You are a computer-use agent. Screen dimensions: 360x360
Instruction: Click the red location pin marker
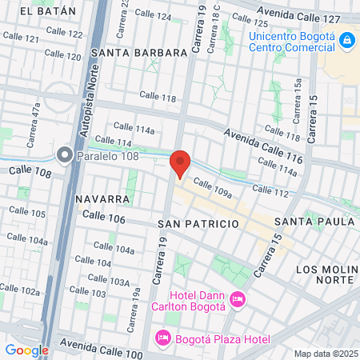point(180,164)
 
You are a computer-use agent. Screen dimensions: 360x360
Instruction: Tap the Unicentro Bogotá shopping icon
point(346,40)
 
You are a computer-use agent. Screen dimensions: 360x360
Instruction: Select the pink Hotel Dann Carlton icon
point(237,300)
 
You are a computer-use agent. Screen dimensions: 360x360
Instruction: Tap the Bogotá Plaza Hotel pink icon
point(162,338)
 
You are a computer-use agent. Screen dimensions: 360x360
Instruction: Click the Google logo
point(26,350)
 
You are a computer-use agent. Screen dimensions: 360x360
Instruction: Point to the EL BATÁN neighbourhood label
point(49,11)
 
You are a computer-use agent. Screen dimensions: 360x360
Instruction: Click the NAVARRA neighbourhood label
point(103,198)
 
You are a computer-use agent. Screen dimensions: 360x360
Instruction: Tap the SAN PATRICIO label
point(198,223)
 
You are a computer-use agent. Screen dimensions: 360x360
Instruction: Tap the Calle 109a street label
point(212,190)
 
